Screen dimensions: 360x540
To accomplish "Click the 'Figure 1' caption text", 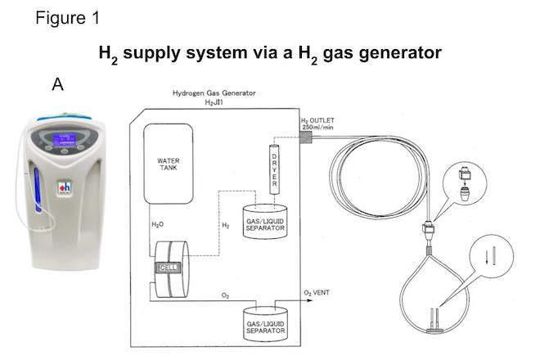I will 67,18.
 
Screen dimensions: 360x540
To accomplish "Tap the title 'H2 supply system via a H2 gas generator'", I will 270,53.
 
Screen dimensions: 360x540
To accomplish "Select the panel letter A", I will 57,83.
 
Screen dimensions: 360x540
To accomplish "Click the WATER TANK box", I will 168,164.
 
